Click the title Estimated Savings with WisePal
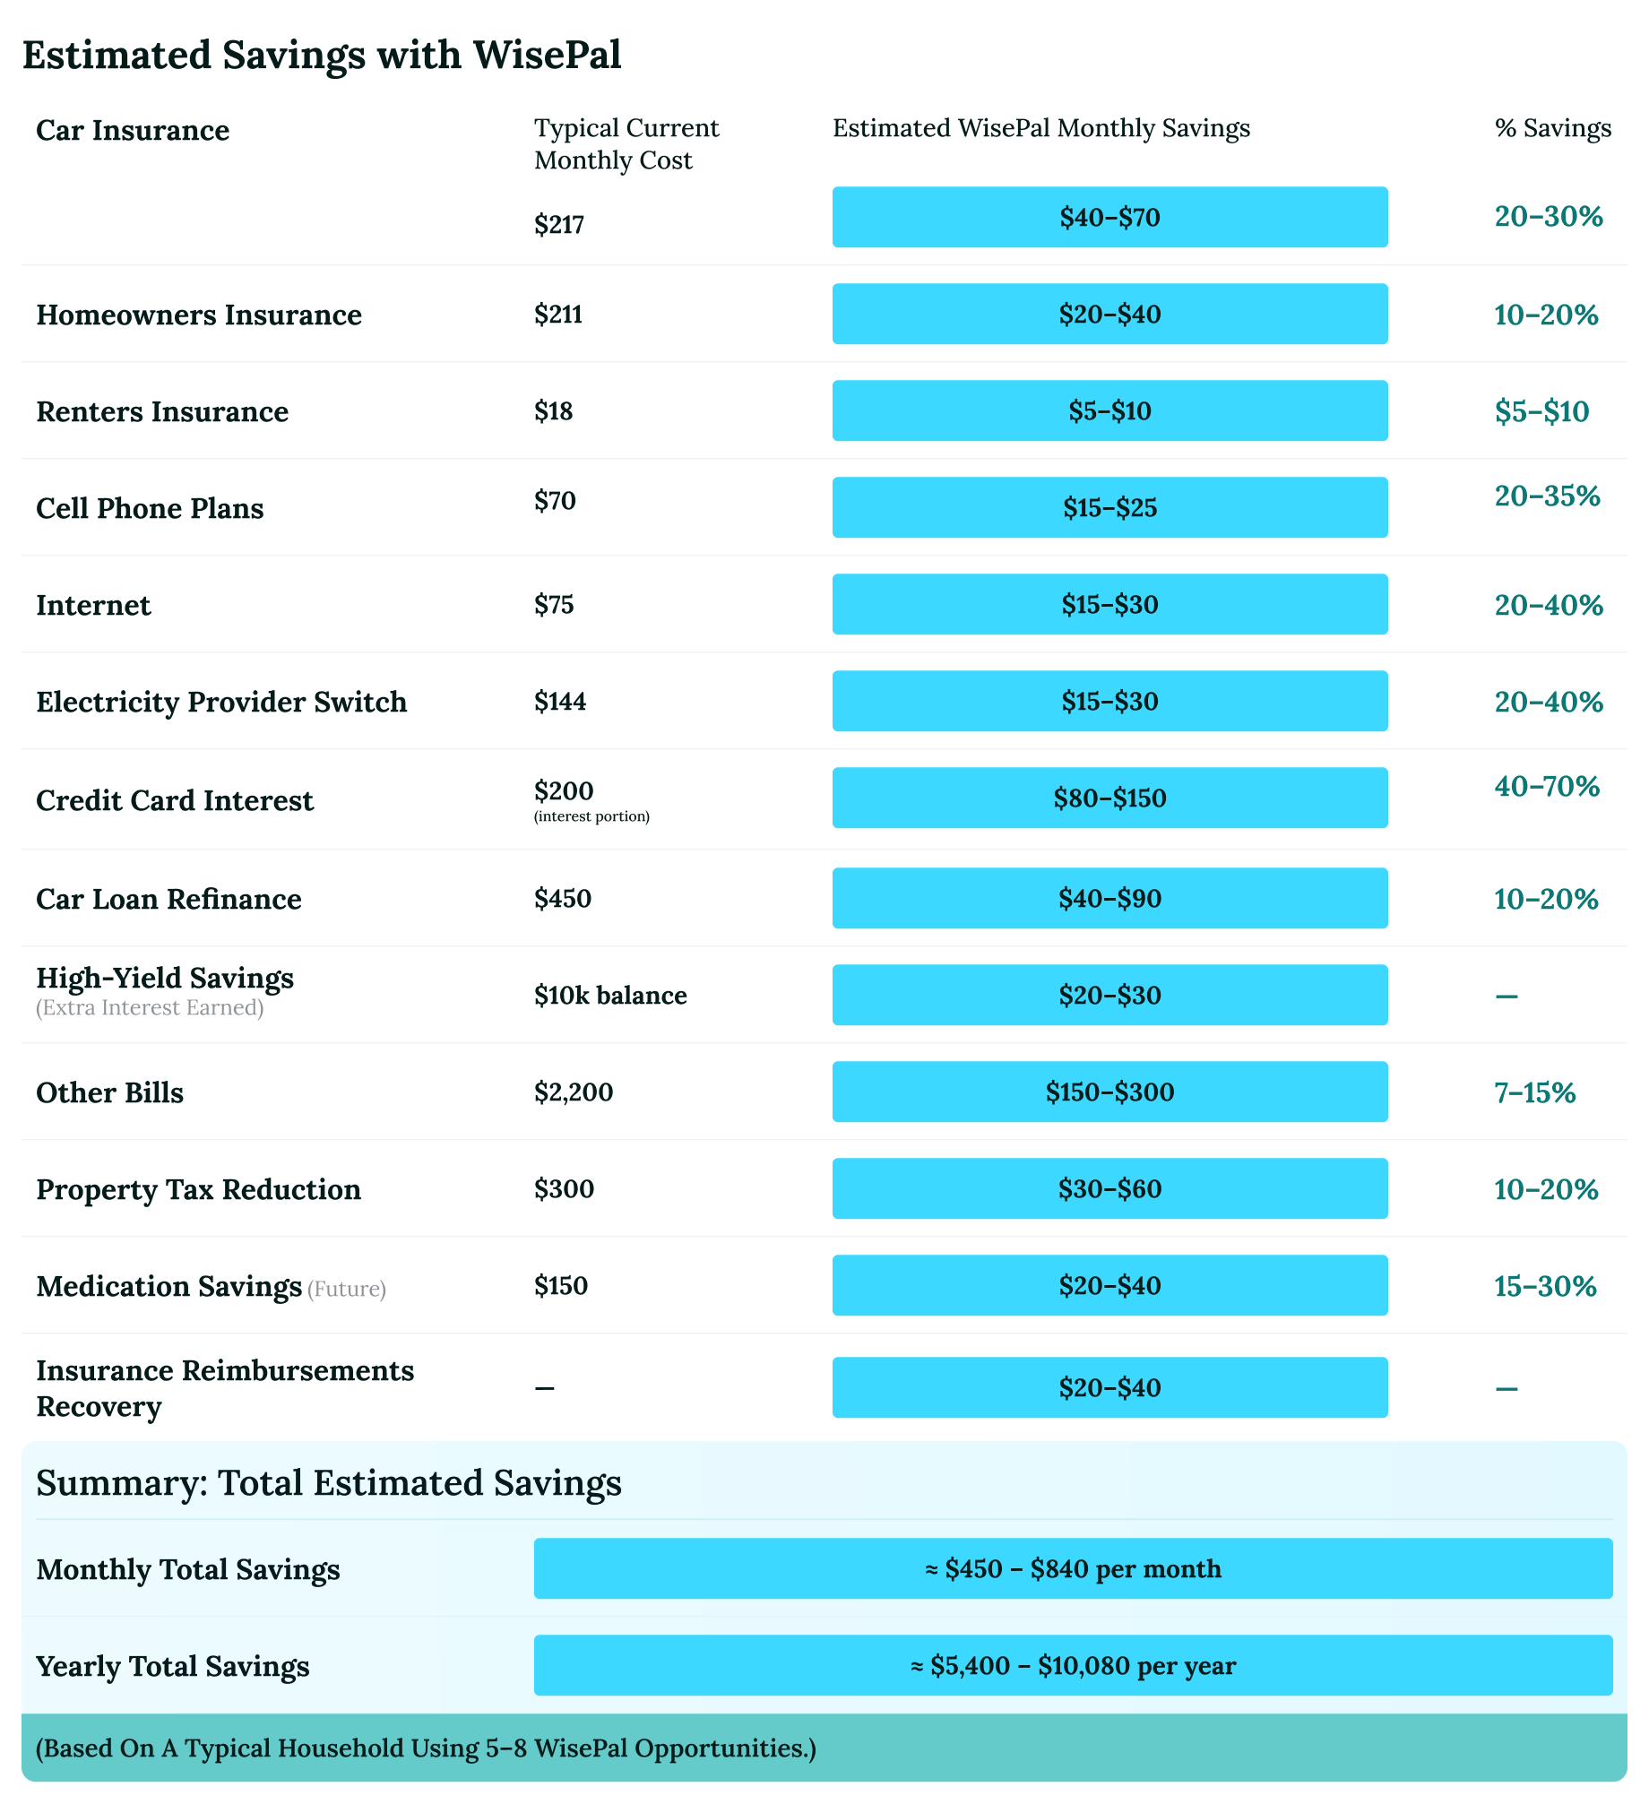[x=322, y=55]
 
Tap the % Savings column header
[x=1552, y=128]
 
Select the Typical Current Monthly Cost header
[x=626, y=143]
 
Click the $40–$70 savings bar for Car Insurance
[x=1109, y=217]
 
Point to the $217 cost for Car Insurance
[x=559, y=224]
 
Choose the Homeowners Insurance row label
[x=199, y=315]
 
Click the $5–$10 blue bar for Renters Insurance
[x=1109, y=410]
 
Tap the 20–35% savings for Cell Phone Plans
[x=1547, y=496]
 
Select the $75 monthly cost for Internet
[x=554, y=605]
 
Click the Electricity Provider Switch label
[x=221, y=702]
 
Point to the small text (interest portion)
[x=591, y=816]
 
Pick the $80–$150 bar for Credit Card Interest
[x=1109, y=798]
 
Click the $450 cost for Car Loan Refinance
[x=563, y=899]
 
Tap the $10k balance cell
[x=610, y=996]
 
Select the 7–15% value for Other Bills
[x=1534, y=1092]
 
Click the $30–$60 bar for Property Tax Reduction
[x=1109, y=1188]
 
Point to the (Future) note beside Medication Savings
[x=347, y=1289]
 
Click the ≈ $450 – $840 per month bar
[x=1073, y=1568]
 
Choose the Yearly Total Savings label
[x=173, y=1666]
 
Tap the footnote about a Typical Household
[x=426, y=1748]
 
